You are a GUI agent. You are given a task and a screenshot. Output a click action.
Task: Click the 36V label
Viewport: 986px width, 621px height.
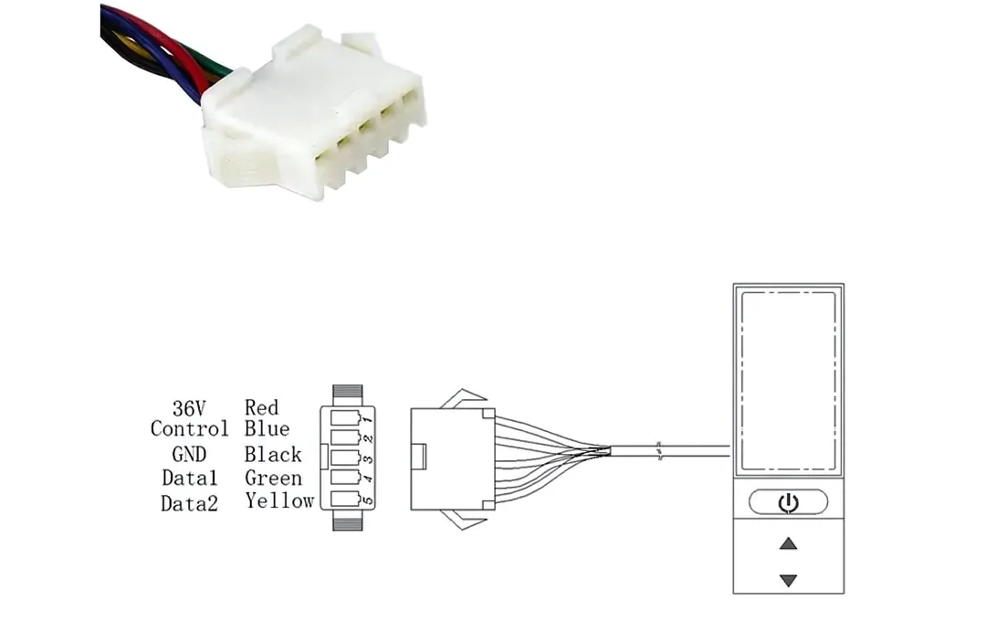tap(189, 408)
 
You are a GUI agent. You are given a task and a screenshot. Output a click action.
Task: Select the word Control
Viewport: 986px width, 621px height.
tap(189, 429)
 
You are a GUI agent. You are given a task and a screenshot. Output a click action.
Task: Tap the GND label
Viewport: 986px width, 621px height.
tap(189, 454)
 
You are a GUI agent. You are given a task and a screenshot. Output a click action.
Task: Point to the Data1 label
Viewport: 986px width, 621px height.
tap(189, 478)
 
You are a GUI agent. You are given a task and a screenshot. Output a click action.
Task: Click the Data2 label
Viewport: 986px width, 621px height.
tap(189, 502)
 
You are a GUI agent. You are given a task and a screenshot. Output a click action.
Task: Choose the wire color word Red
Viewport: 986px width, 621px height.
tap(262, 407)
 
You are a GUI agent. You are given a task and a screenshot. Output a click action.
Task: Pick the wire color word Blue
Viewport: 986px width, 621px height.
tap(267, 429)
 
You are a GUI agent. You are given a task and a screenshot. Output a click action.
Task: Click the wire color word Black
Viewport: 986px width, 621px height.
tap(273, 454)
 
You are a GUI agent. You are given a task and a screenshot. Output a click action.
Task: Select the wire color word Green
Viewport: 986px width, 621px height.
tap(273, 478)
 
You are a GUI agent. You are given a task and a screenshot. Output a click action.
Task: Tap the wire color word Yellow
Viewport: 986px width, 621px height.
tap(279, 500)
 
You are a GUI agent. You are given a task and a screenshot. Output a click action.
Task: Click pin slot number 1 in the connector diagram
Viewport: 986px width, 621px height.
tap(347, 417)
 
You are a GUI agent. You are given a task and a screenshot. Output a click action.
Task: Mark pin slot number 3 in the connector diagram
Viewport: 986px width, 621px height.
tap(347, 458)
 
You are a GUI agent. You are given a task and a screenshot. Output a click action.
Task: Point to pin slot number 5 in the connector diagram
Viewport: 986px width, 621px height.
tap(347, 499)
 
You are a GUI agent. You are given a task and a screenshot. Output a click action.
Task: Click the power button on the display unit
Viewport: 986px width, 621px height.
tap(788, 502)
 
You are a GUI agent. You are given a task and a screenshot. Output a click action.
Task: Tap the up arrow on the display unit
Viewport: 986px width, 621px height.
tap(788, 543)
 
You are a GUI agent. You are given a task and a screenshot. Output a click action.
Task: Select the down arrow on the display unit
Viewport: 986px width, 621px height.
tap(788, 580)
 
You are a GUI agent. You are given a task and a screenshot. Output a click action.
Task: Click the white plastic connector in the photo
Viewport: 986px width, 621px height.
tap(313, 113)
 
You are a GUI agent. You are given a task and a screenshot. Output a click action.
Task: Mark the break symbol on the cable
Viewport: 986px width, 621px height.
tap(659, 451)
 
